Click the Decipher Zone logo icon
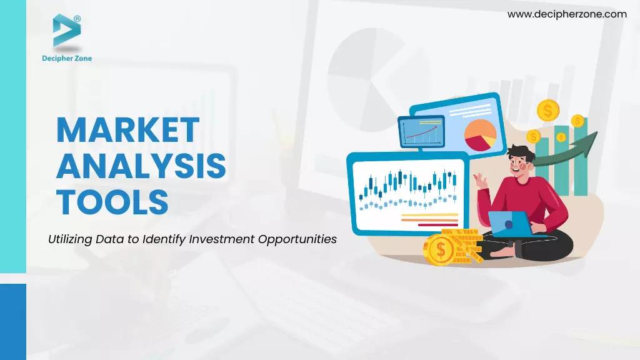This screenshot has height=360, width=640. [x=66, y=31]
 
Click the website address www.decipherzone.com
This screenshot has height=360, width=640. [x=567, y=14]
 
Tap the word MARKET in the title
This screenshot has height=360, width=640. [x=127, y=130]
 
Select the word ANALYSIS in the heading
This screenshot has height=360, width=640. [x=141, y=166]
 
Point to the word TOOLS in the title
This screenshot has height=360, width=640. [x=112, y=202]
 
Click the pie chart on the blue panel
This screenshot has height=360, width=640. [x=480, y=135]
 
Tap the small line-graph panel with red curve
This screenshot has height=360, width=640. [x=421, y=132]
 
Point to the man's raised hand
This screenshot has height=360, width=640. [x=481, y=181]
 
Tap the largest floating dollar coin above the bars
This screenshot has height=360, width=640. [x=548, y=111]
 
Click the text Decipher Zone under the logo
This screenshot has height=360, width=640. [x=66, y=58]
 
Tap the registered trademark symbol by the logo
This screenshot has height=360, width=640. [x=77, y=19]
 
